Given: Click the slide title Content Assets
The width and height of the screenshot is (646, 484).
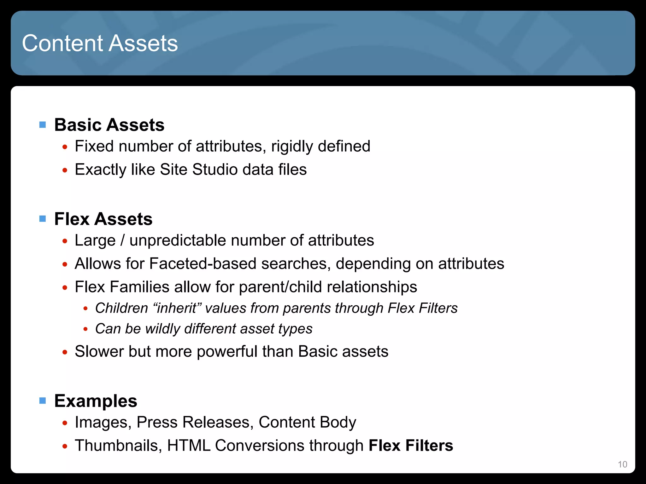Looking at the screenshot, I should pos(100,43).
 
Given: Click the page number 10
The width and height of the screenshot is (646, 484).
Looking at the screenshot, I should pos(622,464).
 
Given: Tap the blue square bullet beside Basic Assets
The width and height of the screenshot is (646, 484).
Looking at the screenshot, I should pos(43,125).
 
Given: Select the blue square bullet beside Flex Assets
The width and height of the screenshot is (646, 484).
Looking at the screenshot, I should pos(43,219).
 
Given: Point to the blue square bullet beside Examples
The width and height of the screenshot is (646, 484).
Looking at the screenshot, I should pos(43,401).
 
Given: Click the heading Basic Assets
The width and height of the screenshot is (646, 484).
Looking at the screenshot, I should pos(109,125).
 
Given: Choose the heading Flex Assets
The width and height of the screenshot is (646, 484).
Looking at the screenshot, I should pos(103,219).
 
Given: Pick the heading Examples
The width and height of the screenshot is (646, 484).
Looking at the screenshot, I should pos(96,401).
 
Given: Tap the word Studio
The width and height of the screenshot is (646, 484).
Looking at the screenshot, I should pos(214,170).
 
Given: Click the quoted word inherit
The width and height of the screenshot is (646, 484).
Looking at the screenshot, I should pos(177,308).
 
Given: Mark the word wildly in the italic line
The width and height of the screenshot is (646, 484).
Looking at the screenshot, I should pos(162,329).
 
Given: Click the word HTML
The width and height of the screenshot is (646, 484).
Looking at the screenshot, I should pos(189,446).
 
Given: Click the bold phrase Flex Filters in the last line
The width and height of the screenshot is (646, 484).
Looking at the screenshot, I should pos(411,446).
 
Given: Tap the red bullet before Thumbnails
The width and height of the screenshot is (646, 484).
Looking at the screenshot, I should pos(65,446).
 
